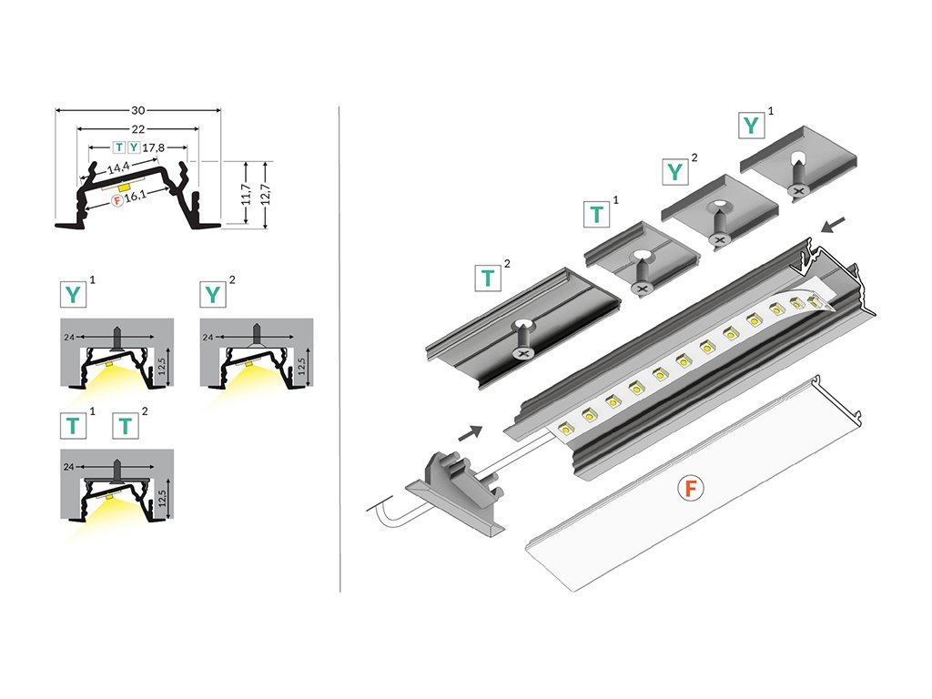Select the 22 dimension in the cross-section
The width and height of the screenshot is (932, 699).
click(x=138, y=129)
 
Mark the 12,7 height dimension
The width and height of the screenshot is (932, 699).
click(x=266, y=194)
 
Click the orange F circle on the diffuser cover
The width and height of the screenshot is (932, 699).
click(x=692, y=489)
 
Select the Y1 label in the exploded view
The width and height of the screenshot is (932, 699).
click(x=751, y=125)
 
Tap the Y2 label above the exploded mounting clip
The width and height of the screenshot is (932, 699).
click(x=674, y=170)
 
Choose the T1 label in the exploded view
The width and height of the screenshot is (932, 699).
click(x=596, y=214)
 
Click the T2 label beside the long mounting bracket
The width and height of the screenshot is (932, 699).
click(x=489, y=278)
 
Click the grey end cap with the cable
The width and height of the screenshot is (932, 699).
click(x=455, y=491)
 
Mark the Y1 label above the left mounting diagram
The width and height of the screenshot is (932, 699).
click(x=73, y=293)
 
